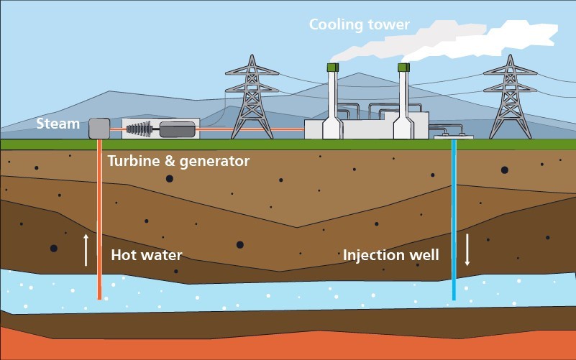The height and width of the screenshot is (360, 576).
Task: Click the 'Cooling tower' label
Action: tap(359, 25)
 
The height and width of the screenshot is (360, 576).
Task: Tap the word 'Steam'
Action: tap(58, 124)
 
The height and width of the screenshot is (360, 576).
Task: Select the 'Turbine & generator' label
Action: tap(178, 161)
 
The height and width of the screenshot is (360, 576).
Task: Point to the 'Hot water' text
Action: tap(147, 255)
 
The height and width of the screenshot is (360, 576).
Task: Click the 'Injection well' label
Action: tap(390, 255)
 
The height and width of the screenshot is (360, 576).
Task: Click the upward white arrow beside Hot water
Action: tap(86, 249)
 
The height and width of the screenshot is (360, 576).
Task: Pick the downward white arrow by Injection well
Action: tap(467, 249)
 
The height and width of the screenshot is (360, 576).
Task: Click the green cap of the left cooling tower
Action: tap(333, 67)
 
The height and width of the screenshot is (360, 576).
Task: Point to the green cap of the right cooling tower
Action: tap(403, 67)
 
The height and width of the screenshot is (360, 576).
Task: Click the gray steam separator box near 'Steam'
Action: tap(99, 129)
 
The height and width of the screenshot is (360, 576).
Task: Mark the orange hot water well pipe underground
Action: tap(99, 216)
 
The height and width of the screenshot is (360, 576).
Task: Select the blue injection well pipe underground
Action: tap(454, 216)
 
